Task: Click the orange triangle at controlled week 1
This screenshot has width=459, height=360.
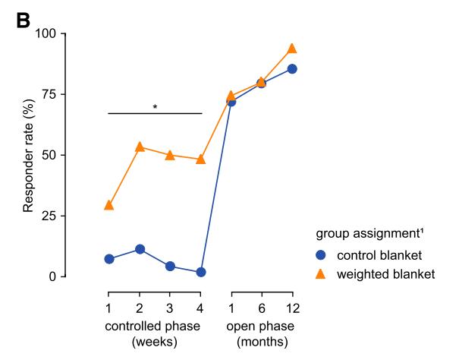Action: (108, 205)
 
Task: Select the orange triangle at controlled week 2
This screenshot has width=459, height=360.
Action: (140, 147)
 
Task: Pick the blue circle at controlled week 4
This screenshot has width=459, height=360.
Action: (200, 272)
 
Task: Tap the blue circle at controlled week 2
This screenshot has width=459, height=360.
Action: (140, 249)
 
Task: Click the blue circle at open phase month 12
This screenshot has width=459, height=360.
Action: (292, 69)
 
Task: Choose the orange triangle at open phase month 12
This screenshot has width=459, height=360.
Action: (292, 48)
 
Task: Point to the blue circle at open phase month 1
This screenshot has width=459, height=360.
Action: (231, 102)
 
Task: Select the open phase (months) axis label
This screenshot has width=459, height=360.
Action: (262, 334)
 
